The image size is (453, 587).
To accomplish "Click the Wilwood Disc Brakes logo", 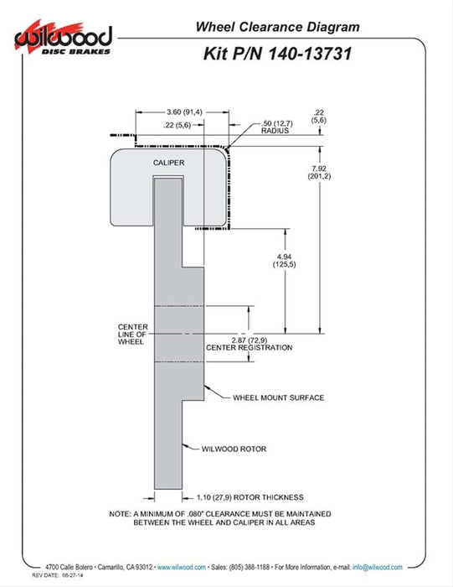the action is pos(63,39).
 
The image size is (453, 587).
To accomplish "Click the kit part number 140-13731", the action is pos(310,54).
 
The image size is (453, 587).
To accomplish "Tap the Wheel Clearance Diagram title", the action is pos(277,27).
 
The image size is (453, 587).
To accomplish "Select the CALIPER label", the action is pos(168,163).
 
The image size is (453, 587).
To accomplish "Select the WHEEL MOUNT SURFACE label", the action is pos(279,397).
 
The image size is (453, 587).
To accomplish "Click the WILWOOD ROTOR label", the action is pos(234,449).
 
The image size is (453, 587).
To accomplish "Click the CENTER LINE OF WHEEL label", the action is pos(132,335).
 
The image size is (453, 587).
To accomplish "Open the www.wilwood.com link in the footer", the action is pos(181,567).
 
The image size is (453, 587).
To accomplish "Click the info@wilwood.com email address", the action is pos(377,567).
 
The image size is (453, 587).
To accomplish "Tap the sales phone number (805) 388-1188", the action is pos(249,567).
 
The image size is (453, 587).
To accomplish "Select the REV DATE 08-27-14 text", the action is pos(58,575).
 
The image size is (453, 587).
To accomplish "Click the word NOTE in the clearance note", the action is pos(120,514).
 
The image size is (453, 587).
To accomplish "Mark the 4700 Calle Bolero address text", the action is pos(69,567).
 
